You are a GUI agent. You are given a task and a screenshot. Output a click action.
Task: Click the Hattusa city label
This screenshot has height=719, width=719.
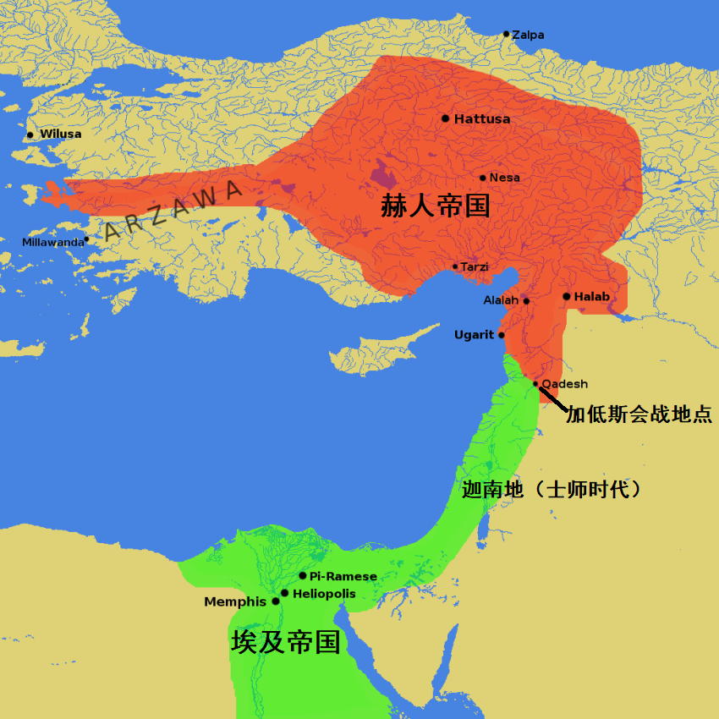tap(482, 119)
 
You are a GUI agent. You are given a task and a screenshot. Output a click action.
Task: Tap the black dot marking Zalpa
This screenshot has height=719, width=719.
tap(506, 34)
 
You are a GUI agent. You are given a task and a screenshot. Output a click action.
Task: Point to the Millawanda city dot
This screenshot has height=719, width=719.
tap(86, 239)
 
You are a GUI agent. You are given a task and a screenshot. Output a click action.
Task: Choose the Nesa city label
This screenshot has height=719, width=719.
tap(505, 178)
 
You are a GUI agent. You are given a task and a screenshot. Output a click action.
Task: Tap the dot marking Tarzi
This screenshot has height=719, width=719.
tap(455, 266)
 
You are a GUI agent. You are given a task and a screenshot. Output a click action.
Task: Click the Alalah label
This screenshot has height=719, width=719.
tap(501, 300)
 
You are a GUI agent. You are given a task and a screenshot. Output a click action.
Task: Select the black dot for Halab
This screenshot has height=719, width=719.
tap(566, 296)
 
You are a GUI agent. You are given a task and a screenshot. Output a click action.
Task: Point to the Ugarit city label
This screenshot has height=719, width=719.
tap(474, 335)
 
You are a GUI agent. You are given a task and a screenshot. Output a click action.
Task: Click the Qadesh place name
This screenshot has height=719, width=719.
tap(564, 383)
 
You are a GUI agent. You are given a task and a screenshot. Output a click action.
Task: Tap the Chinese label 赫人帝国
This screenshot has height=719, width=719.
tap(435, 206)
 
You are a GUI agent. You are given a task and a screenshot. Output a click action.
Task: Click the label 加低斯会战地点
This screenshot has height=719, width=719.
tap(639, 415)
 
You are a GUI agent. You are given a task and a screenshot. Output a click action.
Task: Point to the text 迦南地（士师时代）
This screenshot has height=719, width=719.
tap(557, 489)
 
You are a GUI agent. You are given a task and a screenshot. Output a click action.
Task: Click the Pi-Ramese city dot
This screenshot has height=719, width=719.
tap(303, 575)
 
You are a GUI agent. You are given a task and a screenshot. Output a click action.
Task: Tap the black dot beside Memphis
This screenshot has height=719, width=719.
tap(276, 601)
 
